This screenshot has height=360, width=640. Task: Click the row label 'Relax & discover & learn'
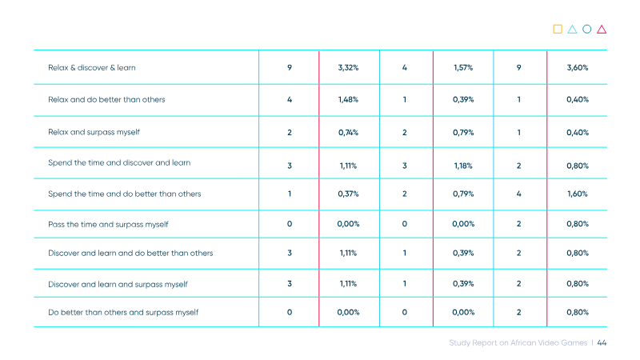coord(92,68)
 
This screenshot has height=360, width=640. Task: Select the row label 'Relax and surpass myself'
coord(94,132)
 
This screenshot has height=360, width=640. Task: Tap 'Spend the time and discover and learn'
coord(119,163)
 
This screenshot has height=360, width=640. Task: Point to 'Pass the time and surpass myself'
coord(108,225)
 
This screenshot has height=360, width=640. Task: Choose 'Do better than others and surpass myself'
coord(123,313)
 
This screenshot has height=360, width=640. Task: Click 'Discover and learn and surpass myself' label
coord(118,285)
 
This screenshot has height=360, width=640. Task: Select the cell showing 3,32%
coord(348,68)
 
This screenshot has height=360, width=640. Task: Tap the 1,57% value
coord(463,68)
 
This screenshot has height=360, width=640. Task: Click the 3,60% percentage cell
coord(578,68)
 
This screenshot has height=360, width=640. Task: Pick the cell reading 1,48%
coord(348,99)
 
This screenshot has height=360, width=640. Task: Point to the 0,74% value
coord(348,133)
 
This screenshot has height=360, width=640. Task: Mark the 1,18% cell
coord(463,166)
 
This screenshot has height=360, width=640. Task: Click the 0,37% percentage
coord(348,194)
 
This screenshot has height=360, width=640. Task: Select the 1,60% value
coord(578,194)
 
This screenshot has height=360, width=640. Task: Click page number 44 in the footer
coord(602,343)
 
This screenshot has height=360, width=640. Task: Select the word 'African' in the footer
coord(522,343)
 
